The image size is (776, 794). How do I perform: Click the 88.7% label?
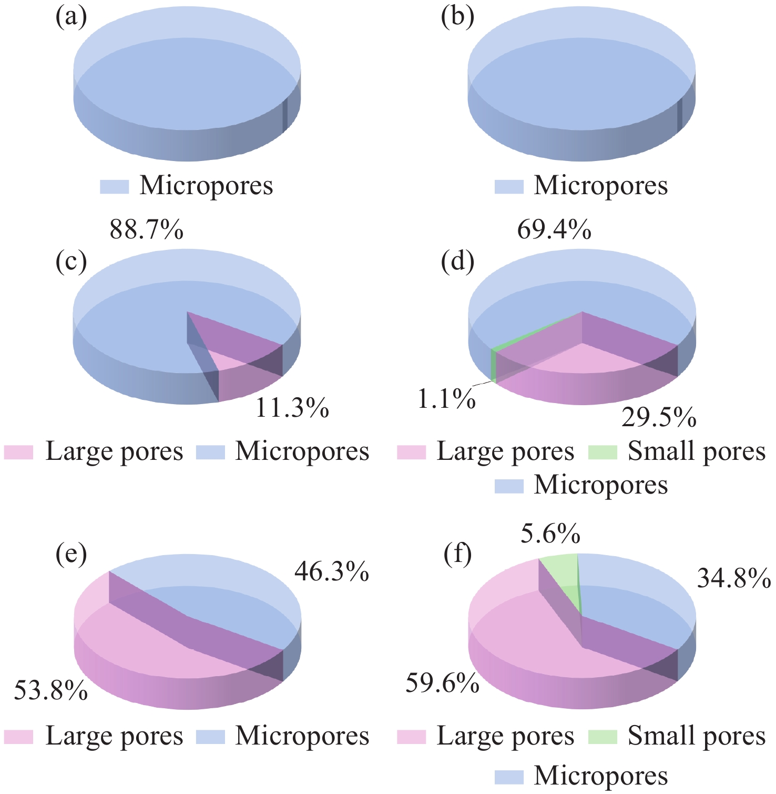click(147, 230)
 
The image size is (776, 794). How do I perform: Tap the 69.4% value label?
click(554, 230)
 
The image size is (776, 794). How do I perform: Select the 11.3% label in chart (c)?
click(292, 408)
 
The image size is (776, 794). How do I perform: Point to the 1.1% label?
click(447, 400)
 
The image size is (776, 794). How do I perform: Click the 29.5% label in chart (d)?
click(659, 418)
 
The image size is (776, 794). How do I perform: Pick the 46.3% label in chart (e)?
click(332, 571)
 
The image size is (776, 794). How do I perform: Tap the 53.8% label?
click(50, 690)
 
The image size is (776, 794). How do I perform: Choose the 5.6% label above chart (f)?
click(550, 535)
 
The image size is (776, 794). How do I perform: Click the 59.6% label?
click(442, 684)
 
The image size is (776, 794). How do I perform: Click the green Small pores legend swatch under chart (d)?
click(602, 452)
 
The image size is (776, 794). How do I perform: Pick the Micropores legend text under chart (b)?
click(601, 186)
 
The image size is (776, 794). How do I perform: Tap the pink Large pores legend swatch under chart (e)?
click(18, 737)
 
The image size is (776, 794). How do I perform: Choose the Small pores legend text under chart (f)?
click(697, 736)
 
